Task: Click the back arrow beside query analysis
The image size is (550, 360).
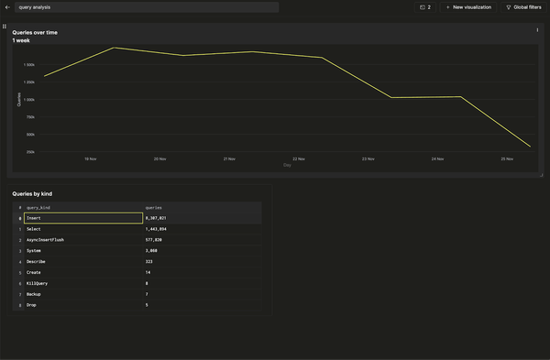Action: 7,6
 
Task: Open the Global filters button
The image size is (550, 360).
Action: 523,6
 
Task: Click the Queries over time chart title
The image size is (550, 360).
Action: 35,32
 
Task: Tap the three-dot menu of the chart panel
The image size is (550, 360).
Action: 537,30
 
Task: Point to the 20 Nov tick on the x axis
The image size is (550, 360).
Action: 159,158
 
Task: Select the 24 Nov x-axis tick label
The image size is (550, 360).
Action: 439,158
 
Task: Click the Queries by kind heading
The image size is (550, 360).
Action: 32,194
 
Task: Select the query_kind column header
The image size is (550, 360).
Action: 38,208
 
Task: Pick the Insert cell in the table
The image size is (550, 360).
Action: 34,218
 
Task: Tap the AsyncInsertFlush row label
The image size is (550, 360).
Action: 45,240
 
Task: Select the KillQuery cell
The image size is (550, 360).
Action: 37,283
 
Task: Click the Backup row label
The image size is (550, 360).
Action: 33,294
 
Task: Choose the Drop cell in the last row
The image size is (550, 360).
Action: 30,304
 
